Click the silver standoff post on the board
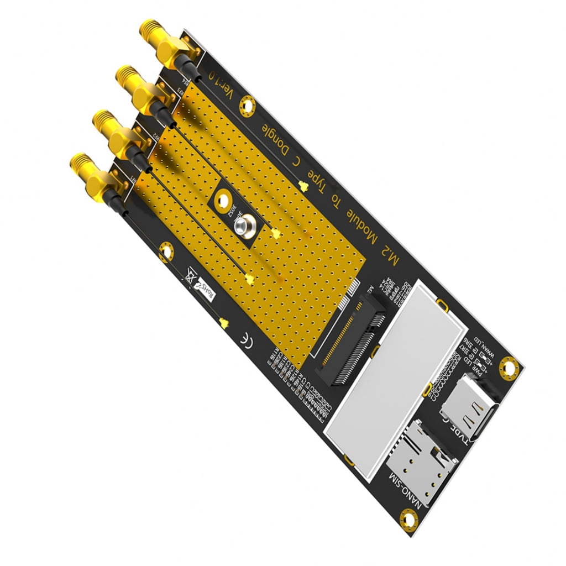pyautogui.click(x=244, y=227)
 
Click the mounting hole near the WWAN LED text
pyautogui.click(x=508, y=365)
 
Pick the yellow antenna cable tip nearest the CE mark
pyautogui.click(x=223, y=323)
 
